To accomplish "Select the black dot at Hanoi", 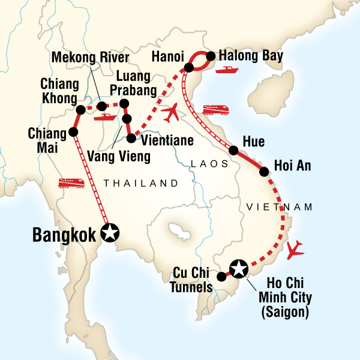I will coord(188,68).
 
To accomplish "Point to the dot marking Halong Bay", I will coord(211,56).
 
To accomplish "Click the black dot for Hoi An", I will coord(263,172).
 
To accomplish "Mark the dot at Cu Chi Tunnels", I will coord(221,277).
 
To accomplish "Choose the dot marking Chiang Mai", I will coord(73,132).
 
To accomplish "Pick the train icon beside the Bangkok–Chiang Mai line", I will coord(70,182).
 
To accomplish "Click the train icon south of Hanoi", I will coord(215,109).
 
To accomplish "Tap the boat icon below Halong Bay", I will coord(227,71).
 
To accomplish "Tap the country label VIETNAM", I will coord(280,207).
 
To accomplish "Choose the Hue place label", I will coord(252,142).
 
